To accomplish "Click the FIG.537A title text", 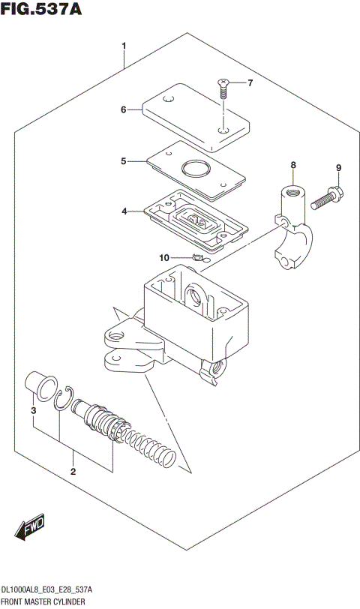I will coord(40,10).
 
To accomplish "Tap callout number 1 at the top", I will coord(124,46).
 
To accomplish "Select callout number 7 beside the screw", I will coord(250,82).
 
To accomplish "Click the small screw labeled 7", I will coord(223,89).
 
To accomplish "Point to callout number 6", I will coord(124,109).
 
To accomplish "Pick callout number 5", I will coord(124,160).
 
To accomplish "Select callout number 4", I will coord(124,212).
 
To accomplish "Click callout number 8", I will coord(293,165).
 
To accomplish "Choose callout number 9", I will coord(338,168).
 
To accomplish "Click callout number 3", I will coord(32,411).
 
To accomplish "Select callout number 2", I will coord(73,472).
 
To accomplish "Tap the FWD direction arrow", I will coord(30,529).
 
